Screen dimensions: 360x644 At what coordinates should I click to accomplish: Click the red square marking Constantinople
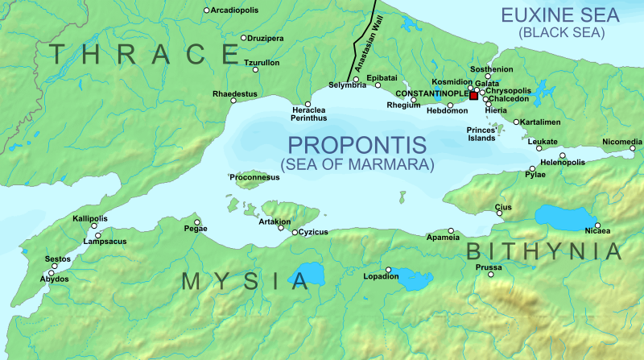click(473, 96)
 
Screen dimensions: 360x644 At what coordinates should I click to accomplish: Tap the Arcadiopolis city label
click(237, 10)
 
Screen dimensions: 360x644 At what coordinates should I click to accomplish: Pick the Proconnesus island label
click(255, 177)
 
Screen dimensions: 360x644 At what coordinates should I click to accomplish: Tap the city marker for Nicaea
click(597, 225)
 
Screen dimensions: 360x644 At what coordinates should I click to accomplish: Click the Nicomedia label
click(622, 142)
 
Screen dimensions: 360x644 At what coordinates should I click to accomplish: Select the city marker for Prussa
click(490, 275)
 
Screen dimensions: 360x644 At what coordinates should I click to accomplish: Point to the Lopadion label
click(382, 277)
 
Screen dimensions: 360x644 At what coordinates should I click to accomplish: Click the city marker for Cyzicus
click(295, 232)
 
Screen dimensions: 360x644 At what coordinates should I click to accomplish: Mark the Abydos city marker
click(52, 273)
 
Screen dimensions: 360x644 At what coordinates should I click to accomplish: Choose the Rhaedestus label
click(229, 93)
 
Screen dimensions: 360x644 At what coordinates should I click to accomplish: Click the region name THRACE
click(142, 54)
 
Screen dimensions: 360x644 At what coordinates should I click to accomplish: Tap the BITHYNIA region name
click(545, 250)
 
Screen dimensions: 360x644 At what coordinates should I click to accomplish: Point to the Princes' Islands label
click(481, 134)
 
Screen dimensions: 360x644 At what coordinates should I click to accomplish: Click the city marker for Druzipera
click(244, 37)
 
